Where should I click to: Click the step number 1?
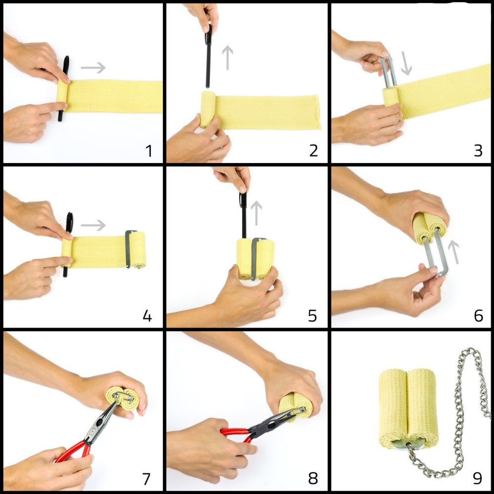point(149,151)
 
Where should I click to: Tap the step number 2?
point(314,151)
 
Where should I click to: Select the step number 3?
point(478,151)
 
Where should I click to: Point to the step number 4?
point(147,315)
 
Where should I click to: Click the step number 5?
point(313,315)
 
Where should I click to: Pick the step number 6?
point(478,315)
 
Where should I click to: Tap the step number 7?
point(147,479)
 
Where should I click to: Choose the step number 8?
point(313,478)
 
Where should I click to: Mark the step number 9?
point(478,478)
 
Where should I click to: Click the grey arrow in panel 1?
point(93,67)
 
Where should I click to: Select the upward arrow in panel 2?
point(227,57)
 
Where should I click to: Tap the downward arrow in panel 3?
point(406,63)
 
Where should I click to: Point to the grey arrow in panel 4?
point(93,225)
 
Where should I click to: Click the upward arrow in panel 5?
point(256,213)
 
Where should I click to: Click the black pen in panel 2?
point(208,57)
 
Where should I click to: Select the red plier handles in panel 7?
point(74,451)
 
